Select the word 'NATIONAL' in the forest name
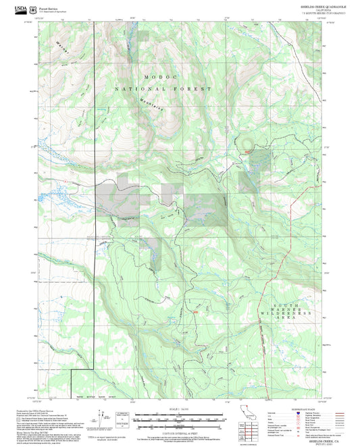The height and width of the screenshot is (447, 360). click(137, 89)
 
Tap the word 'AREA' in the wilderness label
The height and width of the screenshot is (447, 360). click(286, 319)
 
